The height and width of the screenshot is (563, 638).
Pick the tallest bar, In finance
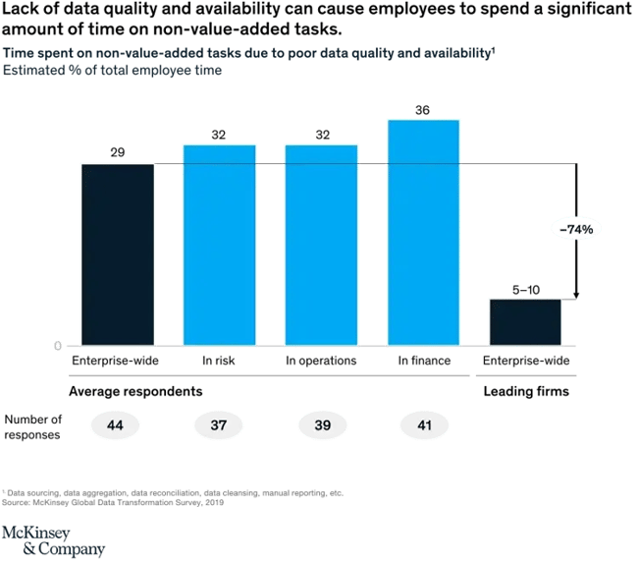point(423,232)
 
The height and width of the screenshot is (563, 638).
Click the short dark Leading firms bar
point(525,321)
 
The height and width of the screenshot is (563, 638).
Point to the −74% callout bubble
point(575,228)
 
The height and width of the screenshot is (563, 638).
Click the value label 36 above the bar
point(423,111)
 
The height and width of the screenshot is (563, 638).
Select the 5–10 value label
point(525,290)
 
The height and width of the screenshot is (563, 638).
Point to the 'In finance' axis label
point(423,361)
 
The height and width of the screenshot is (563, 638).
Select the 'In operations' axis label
point(321,361)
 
